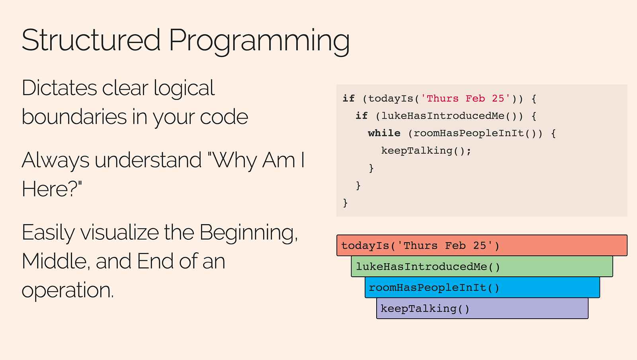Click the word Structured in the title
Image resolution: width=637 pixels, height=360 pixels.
click(91, 40)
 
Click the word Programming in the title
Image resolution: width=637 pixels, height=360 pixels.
click(259, 42)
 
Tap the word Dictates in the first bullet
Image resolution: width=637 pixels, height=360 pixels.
click(59, 88)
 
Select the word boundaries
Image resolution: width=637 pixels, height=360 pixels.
click(74, 117)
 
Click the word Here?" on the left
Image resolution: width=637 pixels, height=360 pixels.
click(52, 189)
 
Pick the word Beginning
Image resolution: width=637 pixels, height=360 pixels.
click(248, 234)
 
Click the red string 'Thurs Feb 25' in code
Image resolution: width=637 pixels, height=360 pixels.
click(465, 98)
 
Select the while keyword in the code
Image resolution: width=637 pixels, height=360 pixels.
click(384, 133)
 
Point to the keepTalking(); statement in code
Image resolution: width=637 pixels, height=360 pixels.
click(426, 151)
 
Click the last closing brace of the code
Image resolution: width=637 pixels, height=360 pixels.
click(345, 203)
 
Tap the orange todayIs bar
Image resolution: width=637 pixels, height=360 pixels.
click(482, 245)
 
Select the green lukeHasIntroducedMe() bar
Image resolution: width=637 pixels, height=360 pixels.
click(482, 266)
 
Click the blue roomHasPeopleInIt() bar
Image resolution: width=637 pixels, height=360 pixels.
click(482, 288)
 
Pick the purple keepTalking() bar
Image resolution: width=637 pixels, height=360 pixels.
click(482, 309)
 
